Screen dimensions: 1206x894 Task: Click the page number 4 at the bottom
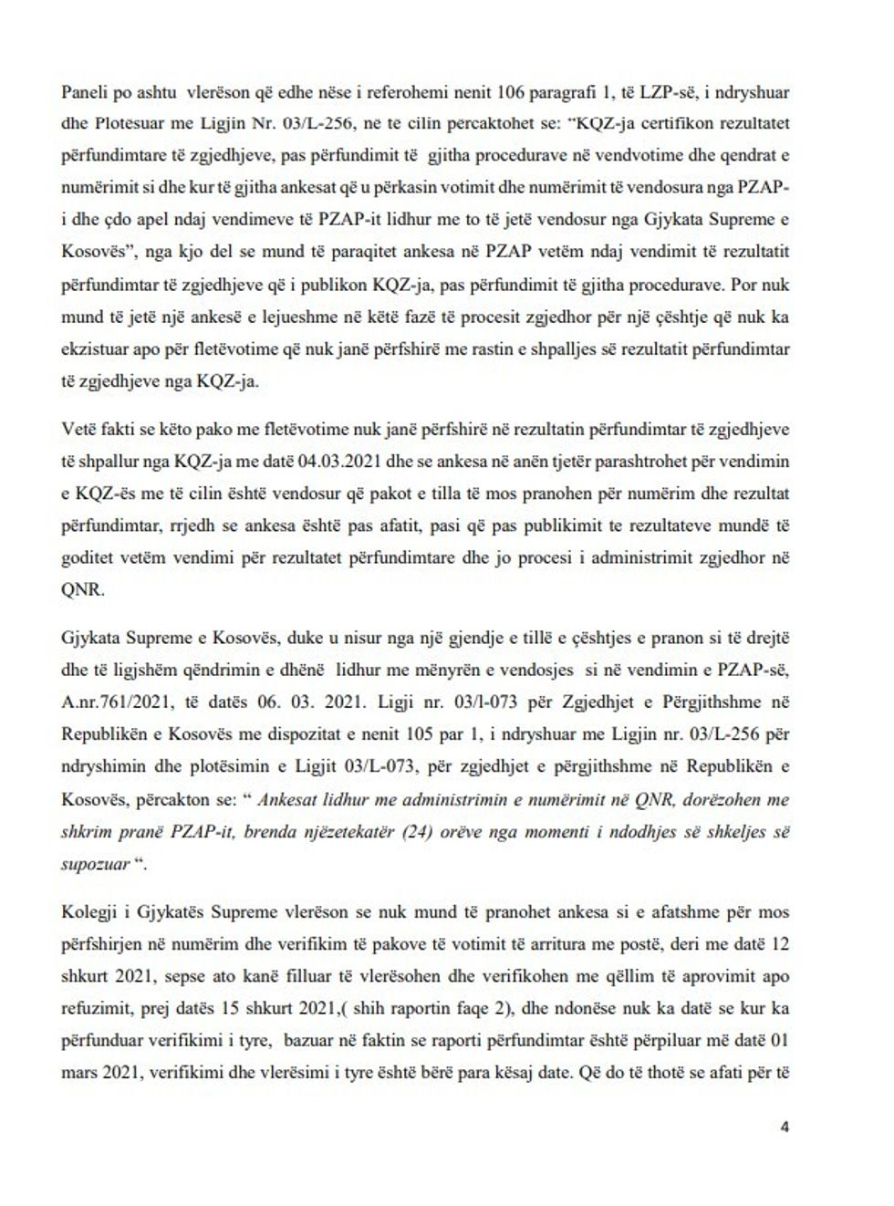click(785, 1127)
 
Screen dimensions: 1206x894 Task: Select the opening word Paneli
click(83, 91)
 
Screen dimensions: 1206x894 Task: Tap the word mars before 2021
click(80, 1074)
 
